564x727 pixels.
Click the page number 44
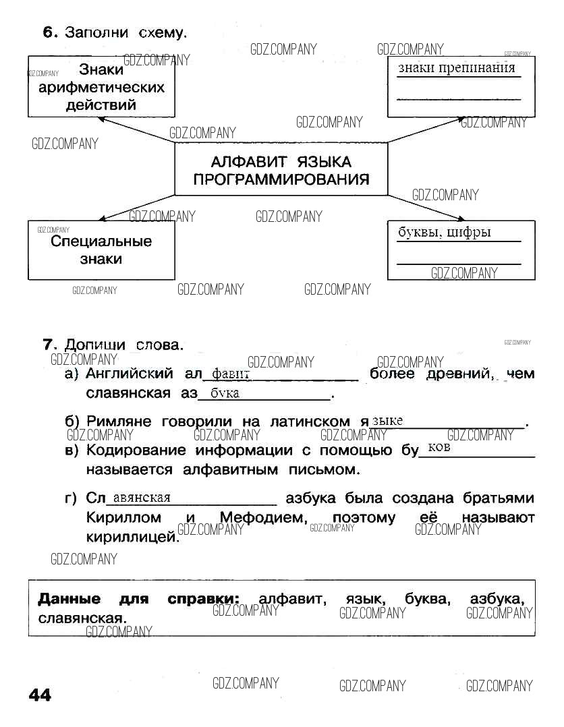(40, 695)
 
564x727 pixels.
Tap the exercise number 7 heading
(49, 345)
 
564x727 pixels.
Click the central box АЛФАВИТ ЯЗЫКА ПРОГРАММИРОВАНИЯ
(281, 171)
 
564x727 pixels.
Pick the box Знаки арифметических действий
(101, 87)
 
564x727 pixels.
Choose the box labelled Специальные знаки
(101, 250)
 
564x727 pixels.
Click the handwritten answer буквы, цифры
(444, 233)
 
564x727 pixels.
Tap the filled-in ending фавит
(231, 374)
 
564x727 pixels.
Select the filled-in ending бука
(225, 393)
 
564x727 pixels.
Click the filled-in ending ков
(439, 448)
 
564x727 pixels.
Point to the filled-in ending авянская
(142, 498)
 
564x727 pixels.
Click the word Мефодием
(264, 518)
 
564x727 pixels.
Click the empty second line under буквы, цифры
(459, 262)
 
